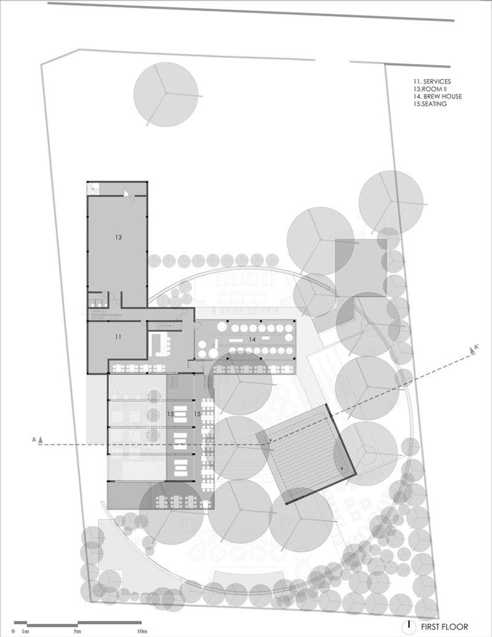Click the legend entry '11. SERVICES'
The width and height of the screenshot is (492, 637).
tap(432, 82)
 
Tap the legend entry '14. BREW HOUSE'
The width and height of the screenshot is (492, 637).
tap(437, 97)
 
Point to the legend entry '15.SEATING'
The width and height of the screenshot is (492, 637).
tap(430, 104)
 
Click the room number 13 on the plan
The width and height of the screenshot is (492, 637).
tap(118, 237)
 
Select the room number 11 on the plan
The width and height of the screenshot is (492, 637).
tap(118, 337)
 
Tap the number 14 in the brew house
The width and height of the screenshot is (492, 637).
tap(252, 339)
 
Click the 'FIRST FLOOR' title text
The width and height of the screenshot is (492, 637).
tap(445, 627)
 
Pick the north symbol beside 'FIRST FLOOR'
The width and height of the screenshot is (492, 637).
tap(409, 627)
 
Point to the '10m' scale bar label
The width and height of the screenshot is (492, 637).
tap(141, 631)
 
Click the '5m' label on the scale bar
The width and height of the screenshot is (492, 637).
tap(77, 631)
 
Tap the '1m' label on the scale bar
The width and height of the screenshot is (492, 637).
tap(25, 631)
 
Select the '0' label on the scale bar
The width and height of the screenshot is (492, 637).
tap(14, 631)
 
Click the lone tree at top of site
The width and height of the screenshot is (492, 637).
tap(166, 94)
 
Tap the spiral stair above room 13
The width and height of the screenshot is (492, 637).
tap(93, 189)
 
